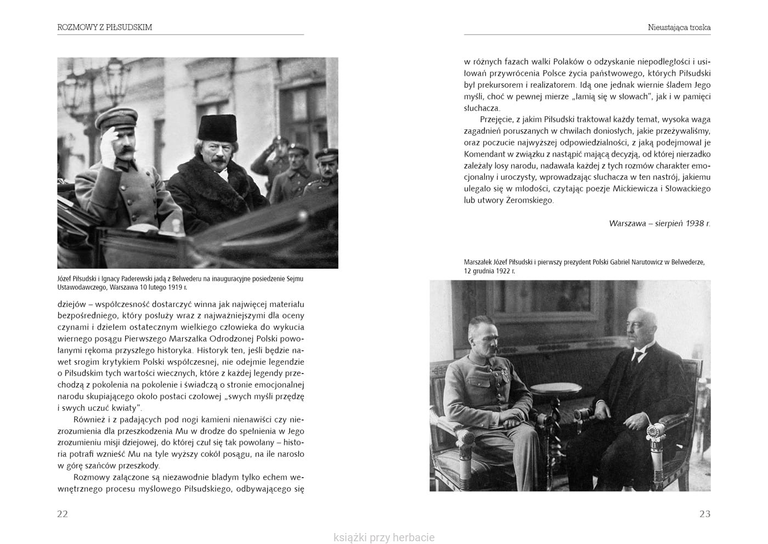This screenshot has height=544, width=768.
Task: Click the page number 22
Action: pos(63,514)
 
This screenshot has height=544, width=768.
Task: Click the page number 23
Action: pos(705,514)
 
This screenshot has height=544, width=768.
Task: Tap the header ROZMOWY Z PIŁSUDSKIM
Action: pos(105,27)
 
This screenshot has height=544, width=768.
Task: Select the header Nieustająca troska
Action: pos(679,27)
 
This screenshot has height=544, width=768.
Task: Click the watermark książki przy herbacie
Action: pos(384,537)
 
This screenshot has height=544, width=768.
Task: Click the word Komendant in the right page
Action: pos(484,154)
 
